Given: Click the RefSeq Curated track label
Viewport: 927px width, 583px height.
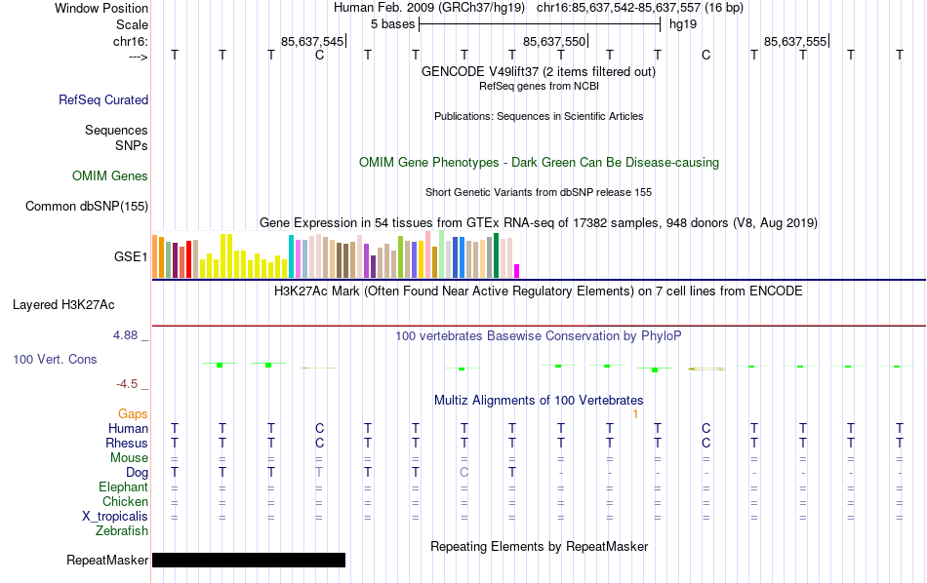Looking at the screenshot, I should (103, 99).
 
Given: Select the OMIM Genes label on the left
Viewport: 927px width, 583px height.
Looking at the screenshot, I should (110, 176).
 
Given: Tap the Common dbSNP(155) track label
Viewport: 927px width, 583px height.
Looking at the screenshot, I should (87, 206).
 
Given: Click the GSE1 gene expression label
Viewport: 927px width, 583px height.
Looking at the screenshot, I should (131, 257).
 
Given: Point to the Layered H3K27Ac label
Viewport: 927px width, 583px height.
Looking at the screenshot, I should (80, 304).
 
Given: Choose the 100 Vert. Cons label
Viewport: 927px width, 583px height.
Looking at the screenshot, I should (55, 360).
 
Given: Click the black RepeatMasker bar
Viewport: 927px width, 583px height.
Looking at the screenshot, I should (249, 560).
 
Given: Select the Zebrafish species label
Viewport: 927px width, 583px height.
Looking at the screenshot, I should (122, 531).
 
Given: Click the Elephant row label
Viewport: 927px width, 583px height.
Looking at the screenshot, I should (123, 487).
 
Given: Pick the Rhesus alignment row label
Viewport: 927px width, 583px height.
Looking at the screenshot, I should (127, 444).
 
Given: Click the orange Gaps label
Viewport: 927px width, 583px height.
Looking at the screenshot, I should (133, 414).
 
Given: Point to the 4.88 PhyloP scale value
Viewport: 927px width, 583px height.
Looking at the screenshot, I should (131, 335).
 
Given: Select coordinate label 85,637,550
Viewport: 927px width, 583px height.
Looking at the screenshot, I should (555, 42).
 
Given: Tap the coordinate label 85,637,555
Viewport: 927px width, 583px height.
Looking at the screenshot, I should (796, 42).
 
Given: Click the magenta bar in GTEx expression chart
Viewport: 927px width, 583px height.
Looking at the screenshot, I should (517, 270).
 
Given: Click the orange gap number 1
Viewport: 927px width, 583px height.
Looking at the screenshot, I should (635, 414).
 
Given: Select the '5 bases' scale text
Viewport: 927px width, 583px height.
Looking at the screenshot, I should (393, 24).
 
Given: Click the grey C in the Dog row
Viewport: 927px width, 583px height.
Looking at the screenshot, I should (464, 473).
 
